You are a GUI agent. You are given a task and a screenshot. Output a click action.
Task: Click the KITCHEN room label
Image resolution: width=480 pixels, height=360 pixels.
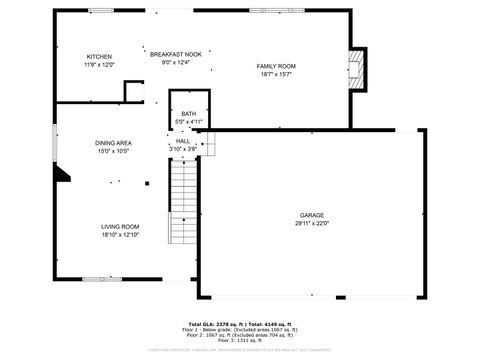pyautogui.click(x=99, y=56)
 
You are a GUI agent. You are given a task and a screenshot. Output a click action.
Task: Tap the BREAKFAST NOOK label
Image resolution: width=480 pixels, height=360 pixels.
pyautogui.click(x=176, y=53)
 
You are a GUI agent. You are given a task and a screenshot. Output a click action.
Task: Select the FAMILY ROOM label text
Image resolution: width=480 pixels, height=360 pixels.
pyautogui.click(x=277, y=66)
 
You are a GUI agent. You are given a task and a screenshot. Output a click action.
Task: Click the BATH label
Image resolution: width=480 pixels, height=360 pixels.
pyautogui.click(x=189, y=114)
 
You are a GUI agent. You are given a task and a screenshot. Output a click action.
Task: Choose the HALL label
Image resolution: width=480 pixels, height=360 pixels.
pyautogui.click(x=183, y=141)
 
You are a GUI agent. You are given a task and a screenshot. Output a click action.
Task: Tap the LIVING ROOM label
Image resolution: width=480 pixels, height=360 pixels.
pyautogui.click(x=120, y=227)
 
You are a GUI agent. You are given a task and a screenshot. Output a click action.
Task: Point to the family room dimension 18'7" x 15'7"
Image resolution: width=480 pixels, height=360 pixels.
pyautogui.click(x=277, y=74)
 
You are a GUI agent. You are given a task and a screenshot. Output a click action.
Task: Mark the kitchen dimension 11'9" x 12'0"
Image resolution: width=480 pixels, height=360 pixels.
pyautogui.click(x=99, y=64)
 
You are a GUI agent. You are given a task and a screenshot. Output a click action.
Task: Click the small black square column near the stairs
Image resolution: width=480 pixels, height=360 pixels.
pyautogui.click(x=147, y=184)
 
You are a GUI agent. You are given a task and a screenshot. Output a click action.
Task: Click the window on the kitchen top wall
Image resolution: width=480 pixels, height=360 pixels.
pyautogui.click(x=101, y=10)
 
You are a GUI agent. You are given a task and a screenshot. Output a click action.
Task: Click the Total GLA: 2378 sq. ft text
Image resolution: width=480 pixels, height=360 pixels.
pyautogui.click(x=213, y=325)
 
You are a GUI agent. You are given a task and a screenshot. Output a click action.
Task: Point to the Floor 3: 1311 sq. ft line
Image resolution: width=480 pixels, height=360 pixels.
pyautogui.click(x=240, y=341)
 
